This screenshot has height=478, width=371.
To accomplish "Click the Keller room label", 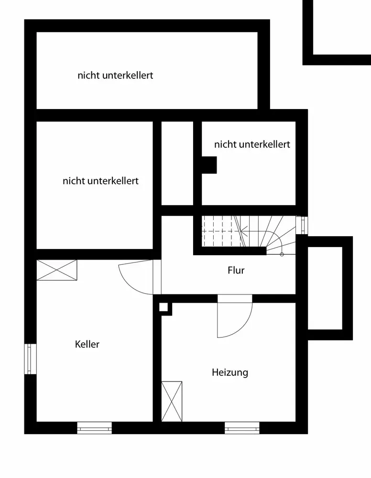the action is (87, 344).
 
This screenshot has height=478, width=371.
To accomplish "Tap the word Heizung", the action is (230, 372).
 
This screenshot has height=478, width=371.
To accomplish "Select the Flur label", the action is (236, 271).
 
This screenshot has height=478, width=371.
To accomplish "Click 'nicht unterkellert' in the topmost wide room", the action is (115, 76).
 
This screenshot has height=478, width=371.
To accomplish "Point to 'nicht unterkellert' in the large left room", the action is (100, 181).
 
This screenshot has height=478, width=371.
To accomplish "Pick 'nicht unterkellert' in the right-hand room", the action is (252, 144).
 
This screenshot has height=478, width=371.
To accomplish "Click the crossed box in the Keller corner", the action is (56, 270).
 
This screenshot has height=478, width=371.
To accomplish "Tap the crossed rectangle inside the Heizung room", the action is (172, 402).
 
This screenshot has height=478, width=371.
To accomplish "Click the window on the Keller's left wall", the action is (30, 359).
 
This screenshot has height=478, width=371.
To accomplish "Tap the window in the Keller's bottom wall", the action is (94, 428).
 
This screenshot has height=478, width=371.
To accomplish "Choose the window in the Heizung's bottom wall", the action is (242, 428).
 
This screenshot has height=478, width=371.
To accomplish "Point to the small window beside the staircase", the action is (301, 225).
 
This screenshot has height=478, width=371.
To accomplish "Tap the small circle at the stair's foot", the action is (282, 254).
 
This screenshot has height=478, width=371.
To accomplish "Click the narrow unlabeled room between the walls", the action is (177, 163).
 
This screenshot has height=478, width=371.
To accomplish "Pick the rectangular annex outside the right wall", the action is (325, 288).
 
